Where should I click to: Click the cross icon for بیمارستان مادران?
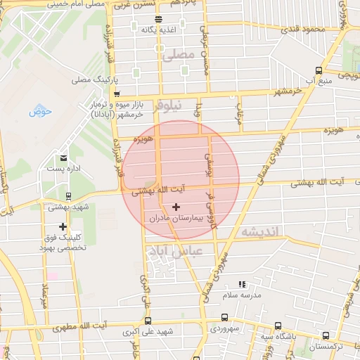[175, 207]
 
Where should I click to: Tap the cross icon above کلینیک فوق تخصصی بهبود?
[63, 226]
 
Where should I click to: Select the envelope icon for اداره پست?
[64, 158]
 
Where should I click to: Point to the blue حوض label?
[40, 112]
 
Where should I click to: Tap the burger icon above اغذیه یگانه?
[158, 19]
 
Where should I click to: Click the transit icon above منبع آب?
[319, 70]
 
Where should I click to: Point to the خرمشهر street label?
[288, 91]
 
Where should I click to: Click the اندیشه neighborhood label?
[259, 231]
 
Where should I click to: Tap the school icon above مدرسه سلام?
[242, 285]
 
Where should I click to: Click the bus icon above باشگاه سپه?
[278, 326]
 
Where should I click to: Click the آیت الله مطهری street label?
[103, 325]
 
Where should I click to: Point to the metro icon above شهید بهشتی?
[67, 196]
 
